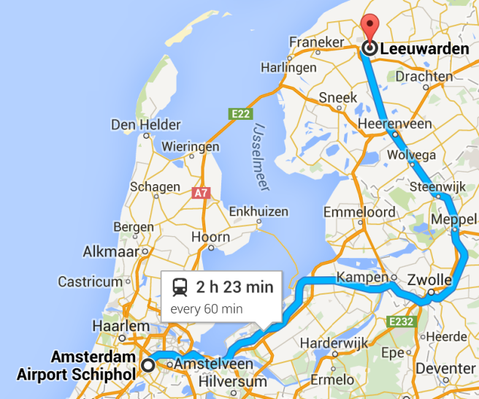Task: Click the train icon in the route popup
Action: (180, 287)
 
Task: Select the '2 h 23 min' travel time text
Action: (234, 287)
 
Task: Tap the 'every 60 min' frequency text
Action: (207, 308)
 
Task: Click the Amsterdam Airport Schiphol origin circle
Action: (148, 364)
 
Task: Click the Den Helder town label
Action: (145, 125)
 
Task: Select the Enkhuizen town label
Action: (258, 211)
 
